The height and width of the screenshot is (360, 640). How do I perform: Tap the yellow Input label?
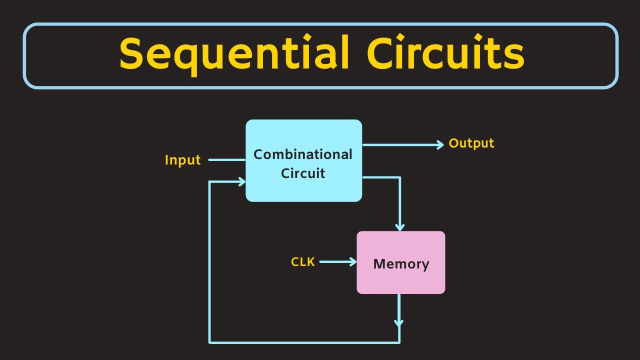(182, 160)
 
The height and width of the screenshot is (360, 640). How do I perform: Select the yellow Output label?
(471, 143)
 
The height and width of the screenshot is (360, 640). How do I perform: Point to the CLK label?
(303, 262)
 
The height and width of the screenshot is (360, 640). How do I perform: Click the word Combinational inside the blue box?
(303, 154)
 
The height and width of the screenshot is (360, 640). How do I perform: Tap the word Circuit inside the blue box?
(303, 173)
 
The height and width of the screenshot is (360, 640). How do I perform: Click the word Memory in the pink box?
(401, 263)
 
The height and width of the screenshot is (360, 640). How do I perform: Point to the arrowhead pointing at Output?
(440, 144)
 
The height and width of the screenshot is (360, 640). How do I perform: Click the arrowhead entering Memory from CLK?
(353, 261)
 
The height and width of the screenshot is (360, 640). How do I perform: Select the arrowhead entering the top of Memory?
(399, 226)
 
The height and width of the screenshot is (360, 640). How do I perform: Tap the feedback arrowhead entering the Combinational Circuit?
(242, 182)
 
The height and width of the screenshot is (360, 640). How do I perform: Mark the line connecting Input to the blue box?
(226, 160)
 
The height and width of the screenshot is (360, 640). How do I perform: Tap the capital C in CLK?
(295, 262)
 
